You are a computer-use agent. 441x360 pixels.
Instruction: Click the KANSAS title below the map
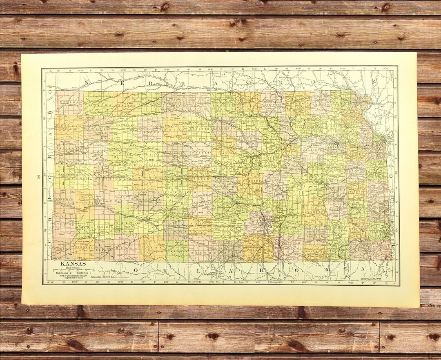coord(73,264)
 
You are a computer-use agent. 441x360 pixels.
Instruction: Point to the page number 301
coord(38,177)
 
